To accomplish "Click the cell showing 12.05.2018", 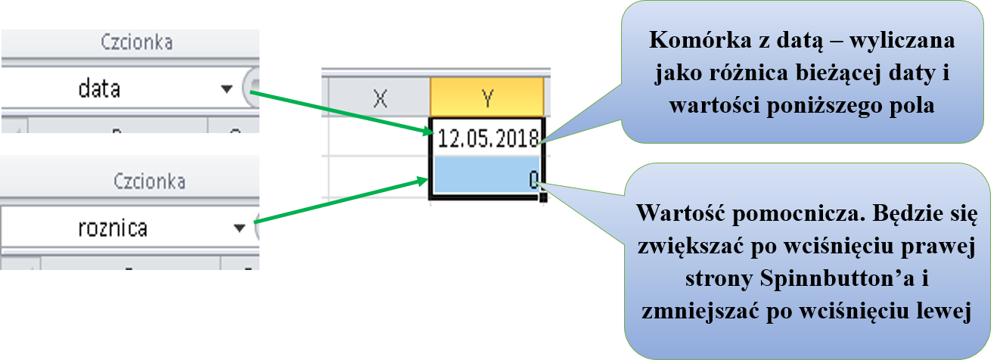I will [x=487, y=138].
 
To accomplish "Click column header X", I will [x=380, y=97].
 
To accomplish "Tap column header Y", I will [x=487, y=97].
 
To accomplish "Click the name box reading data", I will [x=100, y=89].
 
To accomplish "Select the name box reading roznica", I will [x=113, y=228].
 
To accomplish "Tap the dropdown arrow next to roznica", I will [x=239, y=228].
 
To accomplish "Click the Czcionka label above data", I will [x=136, y=43].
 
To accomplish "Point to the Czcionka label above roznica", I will [x=150, y=182].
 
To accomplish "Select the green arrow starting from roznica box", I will [x=340, y=200].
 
